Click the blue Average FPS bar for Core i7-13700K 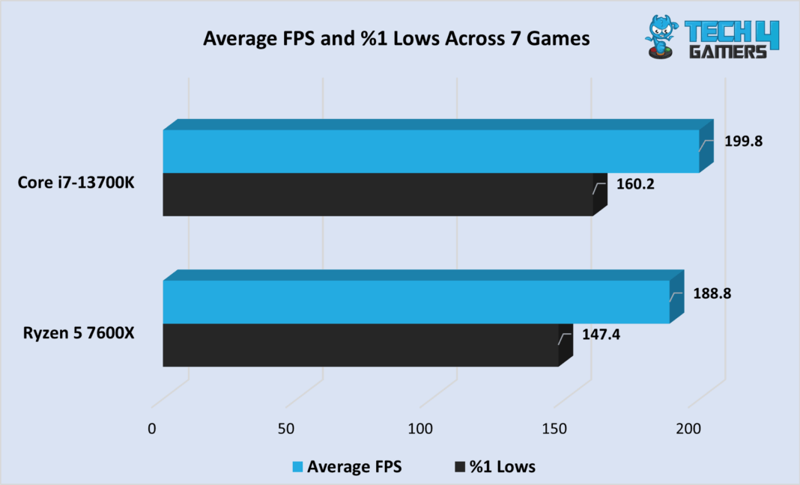pos(431,151)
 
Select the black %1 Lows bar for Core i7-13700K pos(378,195)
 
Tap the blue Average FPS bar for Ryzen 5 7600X pos(416,302)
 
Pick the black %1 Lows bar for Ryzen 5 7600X pos(361,345)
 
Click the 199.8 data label pos(743,140)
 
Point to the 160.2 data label pos(635,183)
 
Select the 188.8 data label pos(712,293)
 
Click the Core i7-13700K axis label pos(76,183)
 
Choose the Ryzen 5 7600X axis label pos(79,334)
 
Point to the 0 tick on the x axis pos(152,430)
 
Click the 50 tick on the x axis pos(286,430)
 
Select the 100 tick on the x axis pos(420,430)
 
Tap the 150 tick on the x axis pos(554,430)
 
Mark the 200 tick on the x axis pos(688,430)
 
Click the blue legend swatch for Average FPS pos(297,467)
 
